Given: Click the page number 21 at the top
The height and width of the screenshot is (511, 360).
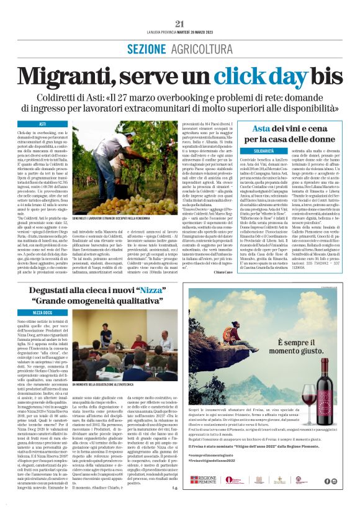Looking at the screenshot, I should [180, 24].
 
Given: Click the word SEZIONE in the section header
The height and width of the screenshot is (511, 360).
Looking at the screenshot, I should [145, 48].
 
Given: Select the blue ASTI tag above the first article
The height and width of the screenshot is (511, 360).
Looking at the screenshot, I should [43, 125].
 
